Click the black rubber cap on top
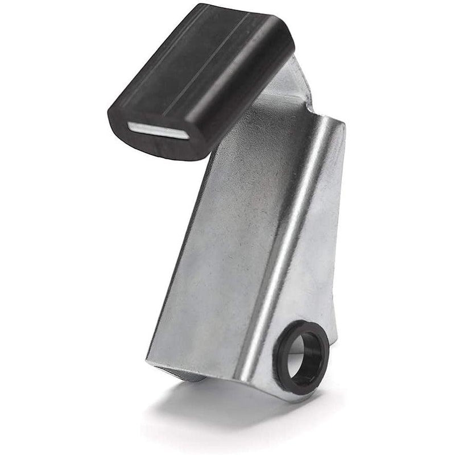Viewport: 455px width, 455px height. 199,80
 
